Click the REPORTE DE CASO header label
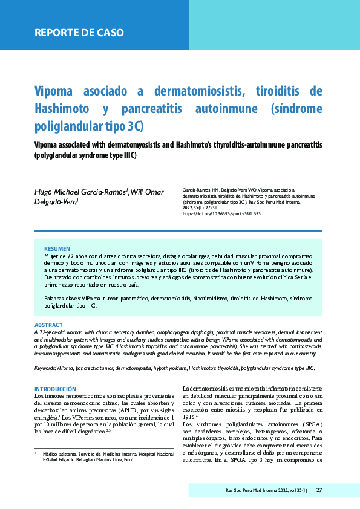[79, 33]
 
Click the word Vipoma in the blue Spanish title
[59, 92]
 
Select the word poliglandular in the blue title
[68, 127]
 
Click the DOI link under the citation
[221, 214]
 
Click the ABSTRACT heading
[49, 325]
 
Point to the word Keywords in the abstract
[45, 368]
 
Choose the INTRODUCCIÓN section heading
[55, 389]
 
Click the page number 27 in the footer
[319, 490]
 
